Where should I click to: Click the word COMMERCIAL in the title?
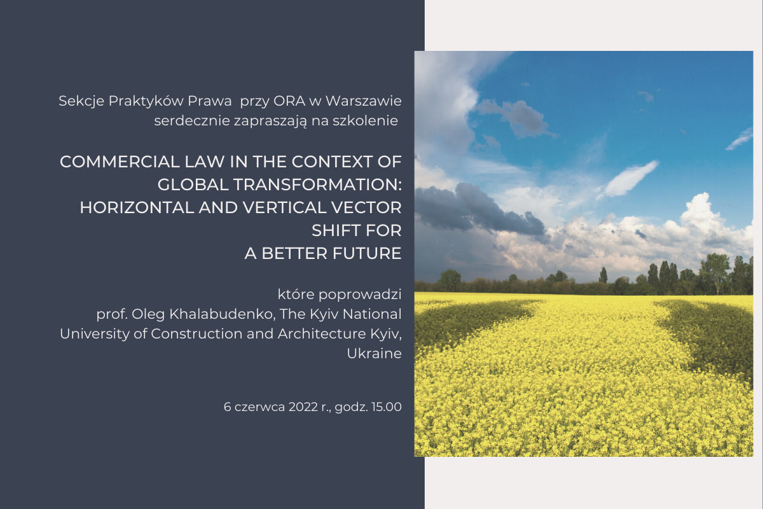[x=120, y=162]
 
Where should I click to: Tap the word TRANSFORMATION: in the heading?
[x=317, y=185]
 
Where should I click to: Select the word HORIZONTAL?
[x=137, y=207]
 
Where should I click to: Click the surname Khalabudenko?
[x=222, y=314]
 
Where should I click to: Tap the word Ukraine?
[x=375, y=354]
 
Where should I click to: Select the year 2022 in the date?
[x=303, y=407]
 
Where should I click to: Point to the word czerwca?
[x=259, y=407]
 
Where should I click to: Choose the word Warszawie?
[x=364, y=101]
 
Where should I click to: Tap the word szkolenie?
[x=365, y=121]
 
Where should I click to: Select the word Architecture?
[x=322, y=334]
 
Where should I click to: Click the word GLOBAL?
[x=193, y=185]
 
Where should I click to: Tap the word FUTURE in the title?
[x=367, y=253]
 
